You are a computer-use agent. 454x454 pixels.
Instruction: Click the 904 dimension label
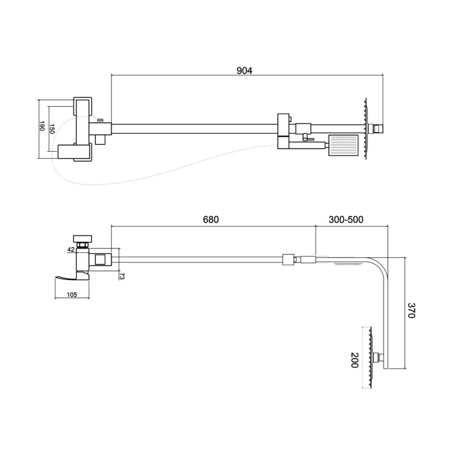(244, 71)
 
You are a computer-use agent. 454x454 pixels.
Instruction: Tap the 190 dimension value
(42, 126)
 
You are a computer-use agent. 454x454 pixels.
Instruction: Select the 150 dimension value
(52, 129)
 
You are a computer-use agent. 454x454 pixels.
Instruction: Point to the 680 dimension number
(211, 219)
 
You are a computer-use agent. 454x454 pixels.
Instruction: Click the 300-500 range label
(346, 219)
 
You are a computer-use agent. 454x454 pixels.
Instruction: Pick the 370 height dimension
(412, 310)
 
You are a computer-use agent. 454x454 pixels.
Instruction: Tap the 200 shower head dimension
(355, 360)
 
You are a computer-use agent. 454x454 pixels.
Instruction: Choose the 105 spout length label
(72, 295)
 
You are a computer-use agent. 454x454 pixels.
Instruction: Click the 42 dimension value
(71, 249)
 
